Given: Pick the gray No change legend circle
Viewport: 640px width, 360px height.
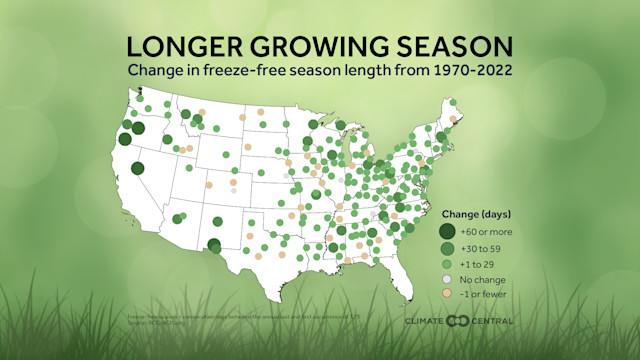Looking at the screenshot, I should (447, 279).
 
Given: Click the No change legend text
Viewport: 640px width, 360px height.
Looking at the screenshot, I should (482, 279).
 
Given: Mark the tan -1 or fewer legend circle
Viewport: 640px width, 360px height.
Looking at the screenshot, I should (447, 294).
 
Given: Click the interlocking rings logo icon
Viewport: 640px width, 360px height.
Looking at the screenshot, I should (458, 321).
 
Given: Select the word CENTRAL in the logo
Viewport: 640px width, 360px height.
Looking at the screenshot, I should (493, 321).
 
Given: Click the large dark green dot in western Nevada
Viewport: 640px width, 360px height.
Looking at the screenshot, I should (137, 169).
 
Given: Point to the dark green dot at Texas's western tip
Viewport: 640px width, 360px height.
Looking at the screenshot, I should (213, 244).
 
